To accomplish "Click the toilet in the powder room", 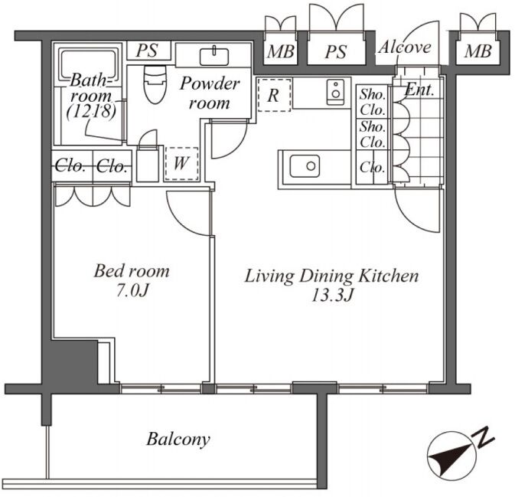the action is click(x=155, y=84).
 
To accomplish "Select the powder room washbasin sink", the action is click(x=213, y=56).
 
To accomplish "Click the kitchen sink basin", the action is click(x=305, y=165).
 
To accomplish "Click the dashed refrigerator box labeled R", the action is click(x=274, y=95).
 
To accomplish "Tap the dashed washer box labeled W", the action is click(x=181, y=163).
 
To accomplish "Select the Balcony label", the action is click(x=178, y=440).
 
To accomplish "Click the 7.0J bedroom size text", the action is click(x=132, y=291).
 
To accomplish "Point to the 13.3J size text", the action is click(x=332, y=296).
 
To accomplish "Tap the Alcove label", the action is click(x=405, y=47).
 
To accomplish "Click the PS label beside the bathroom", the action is click(x=147, y=51).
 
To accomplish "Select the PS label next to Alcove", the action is click(x=336, y=52).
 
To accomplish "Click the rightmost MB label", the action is click(x=477, y=51).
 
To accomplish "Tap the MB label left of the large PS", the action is click(x=281, y=51).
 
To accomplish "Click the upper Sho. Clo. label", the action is click(x=373, y=102).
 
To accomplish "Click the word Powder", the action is click(x=210, y=83).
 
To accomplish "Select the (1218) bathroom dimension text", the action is click(x=91, y=111).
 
